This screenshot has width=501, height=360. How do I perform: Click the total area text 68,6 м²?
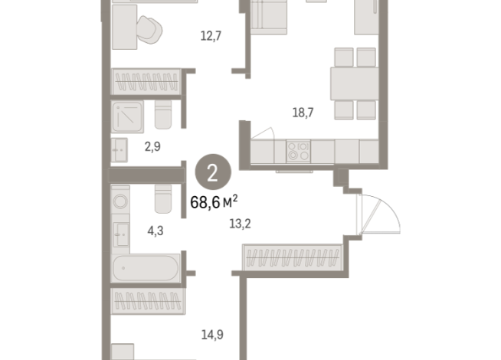[x=212, y=202]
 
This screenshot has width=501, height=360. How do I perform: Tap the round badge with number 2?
[x=212, y=172]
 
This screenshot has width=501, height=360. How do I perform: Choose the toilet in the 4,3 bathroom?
[x=162, y=199]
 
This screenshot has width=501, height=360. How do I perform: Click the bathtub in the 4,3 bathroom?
[x=146, y=270]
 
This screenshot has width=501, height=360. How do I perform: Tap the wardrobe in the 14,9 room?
[x=147, y=301]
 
